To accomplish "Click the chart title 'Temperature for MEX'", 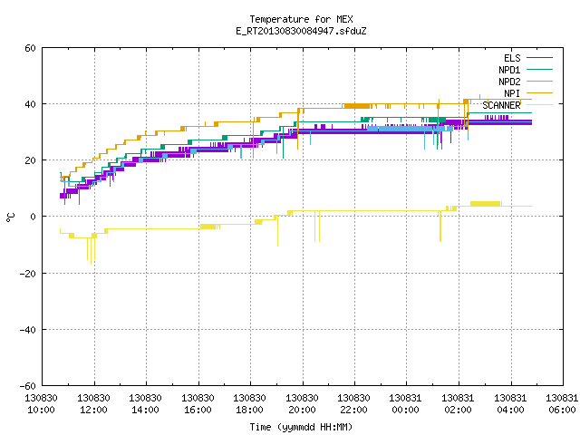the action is point(301,19).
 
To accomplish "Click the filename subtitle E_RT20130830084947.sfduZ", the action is point(301,31).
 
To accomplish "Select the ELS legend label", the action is point(512,58).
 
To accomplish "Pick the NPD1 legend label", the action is point(509,70).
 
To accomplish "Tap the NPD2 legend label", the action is point(509,82).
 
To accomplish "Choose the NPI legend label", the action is point(512,93).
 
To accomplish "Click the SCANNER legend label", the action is point(501,105).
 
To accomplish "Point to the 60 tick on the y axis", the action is point(30,48).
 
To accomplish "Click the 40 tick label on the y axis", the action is point(30,104).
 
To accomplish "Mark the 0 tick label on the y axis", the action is point(34,217).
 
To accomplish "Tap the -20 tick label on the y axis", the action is point(28,274).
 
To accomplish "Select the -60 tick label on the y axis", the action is point(28,386).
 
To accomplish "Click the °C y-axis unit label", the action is point(10,217).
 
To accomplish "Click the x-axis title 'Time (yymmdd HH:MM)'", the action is point(301,427).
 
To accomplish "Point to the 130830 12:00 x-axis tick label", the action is point(93,404).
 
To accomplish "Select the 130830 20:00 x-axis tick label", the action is point(302,404).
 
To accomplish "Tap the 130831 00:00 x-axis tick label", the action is point(405,404).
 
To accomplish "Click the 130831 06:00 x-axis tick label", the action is point(562,404).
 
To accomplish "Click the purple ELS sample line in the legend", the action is point(539,58).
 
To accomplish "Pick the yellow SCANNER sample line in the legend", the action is point(539,105).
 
